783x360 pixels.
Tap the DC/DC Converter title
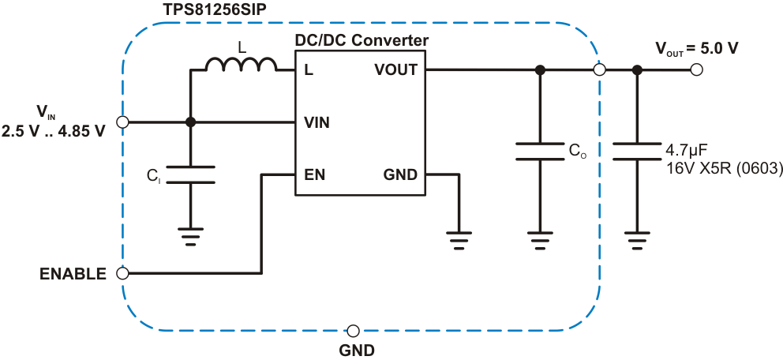pos(361,40)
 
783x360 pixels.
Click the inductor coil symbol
pos(242,65)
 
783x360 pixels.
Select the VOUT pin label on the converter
pos(395,70)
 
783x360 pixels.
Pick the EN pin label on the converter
pos(313,174)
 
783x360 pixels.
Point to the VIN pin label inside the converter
pos(317,122)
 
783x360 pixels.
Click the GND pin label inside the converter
pos(400,174)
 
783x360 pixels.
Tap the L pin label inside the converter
pos(308,70)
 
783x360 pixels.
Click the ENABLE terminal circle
pos(122,274)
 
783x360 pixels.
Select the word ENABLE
pos(73,275)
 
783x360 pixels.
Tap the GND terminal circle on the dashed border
pos(354,330)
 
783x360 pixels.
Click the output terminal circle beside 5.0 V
pos(695,69)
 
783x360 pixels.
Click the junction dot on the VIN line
pos(190,122)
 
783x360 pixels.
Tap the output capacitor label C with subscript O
pos(579,148)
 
